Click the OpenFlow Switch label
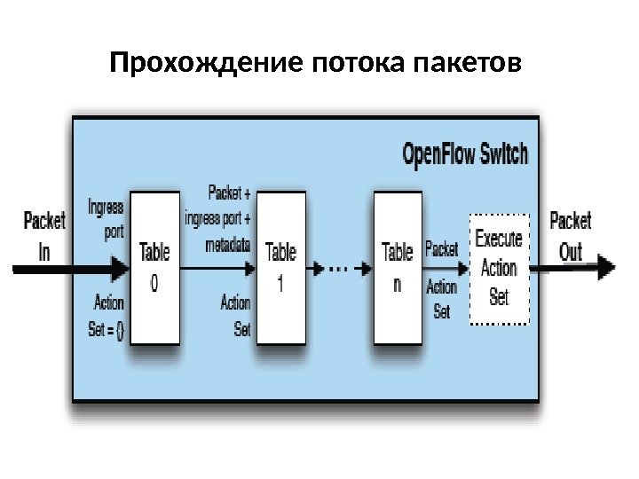click(x=464, y=154)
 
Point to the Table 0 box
click(x=154, y=267)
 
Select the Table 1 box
click(x=280, y=267)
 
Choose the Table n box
click(x=397, y=267)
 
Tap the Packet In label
click(x=44, y=235)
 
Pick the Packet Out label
click(x=571, y=235)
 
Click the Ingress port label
click(x=106, y=218)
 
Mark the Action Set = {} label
click(x=107, y=316)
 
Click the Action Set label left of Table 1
click(x=235, y=316)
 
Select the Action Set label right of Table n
click(x=441, y=299)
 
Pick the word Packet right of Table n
click(x=441, y=249)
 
